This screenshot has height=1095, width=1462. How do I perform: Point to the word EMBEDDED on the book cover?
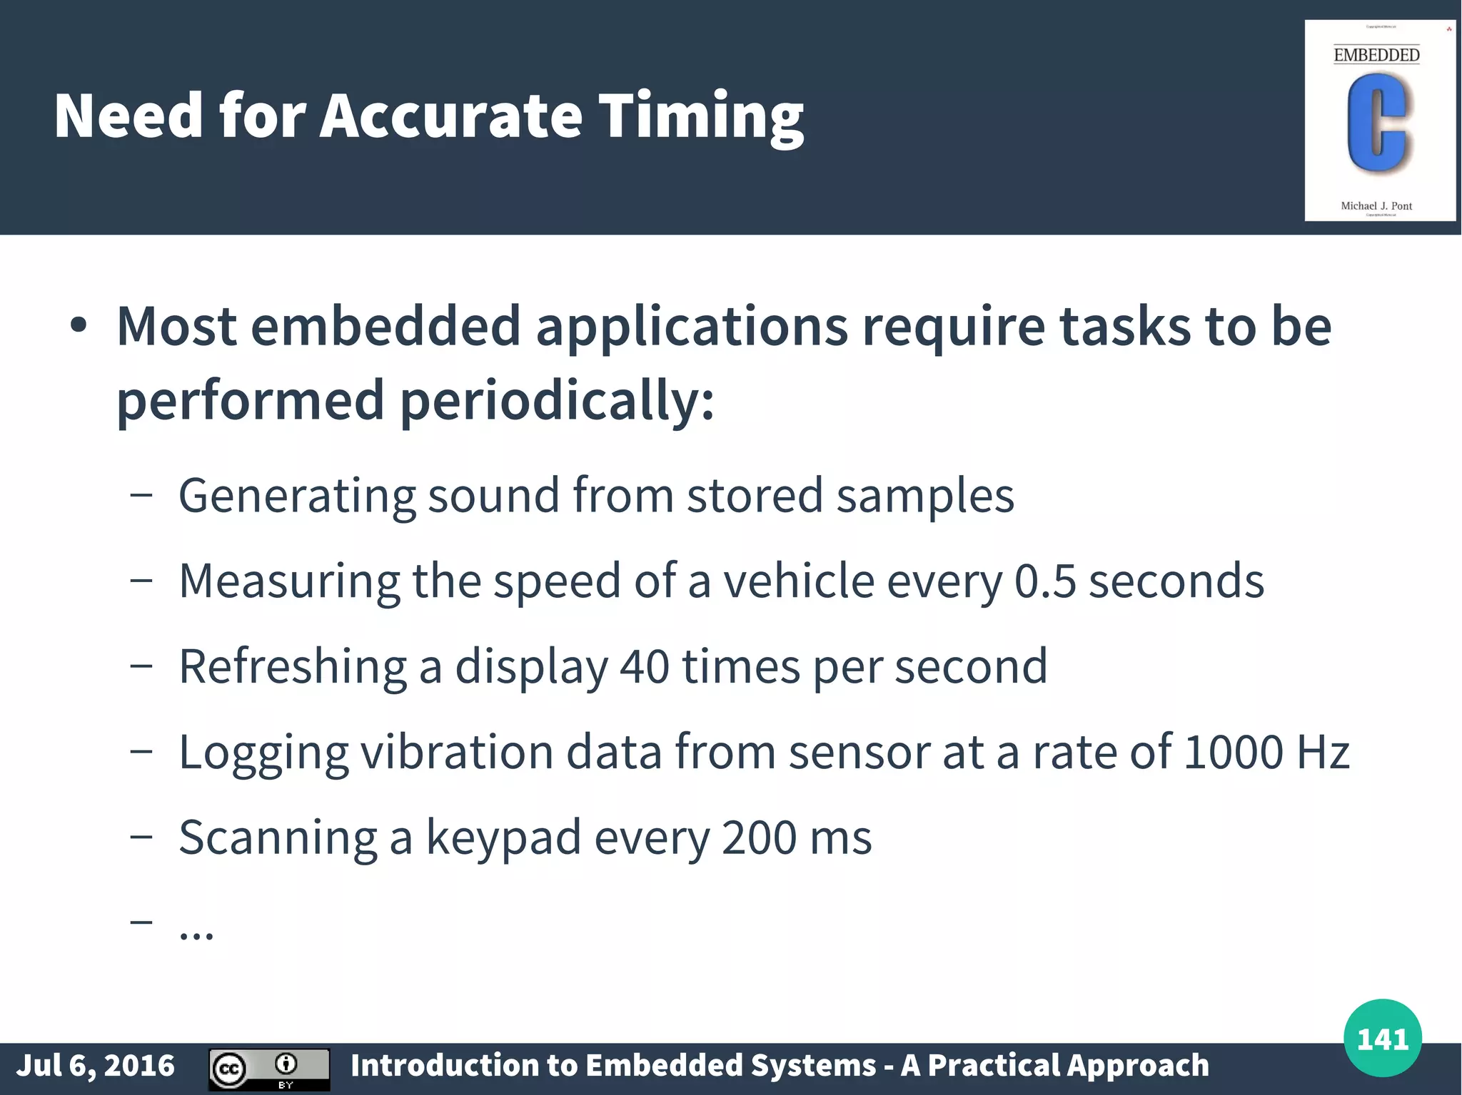coord(1376,55)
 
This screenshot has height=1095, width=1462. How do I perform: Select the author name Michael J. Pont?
coord(1376,206)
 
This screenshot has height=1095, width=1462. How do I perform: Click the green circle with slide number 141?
coord(1382,1039)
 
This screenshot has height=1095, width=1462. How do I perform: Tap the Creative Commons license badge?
coord(269,1069)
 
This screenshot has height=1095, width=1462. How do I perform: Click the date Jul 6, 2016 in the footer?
coord(96,1066)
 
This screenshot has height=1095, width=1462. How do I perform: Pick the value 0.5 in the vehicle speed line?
coord(1044,581)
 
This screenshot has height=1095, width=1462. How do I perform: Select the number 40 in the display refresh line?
coord(645,666)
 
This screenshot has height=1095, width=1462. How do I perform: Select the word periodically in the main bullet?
coord(557,401)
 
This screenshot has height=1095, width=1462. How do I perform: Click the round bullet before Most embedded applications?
coord(79,326)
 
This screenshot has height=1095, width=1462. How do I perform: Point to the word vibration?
coord(458,752)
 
